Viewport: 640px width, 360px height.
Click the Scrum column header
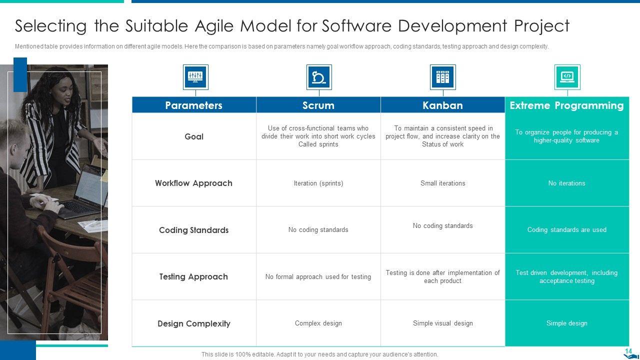tap(318, 105)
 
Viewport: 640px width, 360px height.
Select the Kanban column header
tap(442, 105)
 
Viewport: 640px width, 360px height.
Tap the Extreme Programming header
tap(567, 105)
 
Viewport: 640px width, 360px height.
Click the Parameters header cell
tap(194, 105)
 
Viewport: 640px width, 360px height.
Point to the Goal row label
tap(194, 136)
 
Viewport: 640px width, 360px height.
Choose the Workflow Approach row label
tap(193, 183)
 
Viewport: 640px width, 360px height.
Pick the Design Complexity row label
tap(194, 323)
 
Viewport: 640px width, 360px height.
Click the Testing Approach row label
tap(193, 276)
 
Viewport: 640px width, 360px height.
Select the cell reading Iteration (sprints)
tap(318, 183)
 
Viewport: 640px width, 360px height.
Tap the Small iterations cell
tap(442, 183)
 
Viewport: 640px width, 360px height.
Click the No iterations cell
tap(567, 183)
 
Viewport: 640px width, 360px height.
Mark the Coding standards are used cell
tap(567, 229)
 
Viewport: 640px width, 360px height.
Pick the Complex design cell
tap(318, 323)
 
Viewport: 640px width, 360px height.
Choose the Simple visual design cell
tap(442, 323)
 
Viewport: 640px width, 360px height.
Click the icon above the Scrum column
tap(319, 77)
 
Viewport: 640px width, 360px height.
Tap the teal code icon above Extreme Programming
tap(567, 77)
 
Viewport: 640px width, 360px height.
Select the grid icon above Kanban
tap(443, 77)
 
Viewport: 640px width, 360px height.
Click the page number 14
tap(628, 351)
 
